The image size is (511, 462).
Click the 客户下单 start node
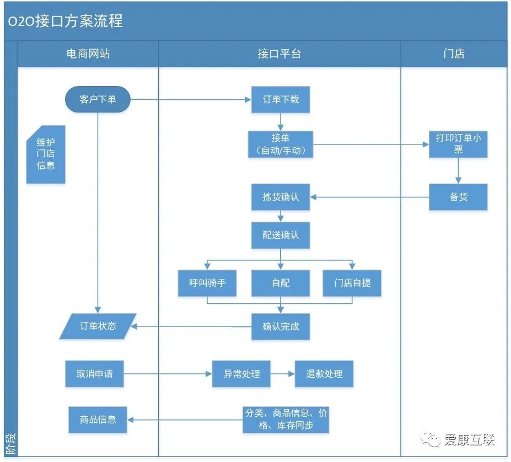click(98, 99)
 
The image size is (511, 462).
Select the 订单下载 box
click(281, 100)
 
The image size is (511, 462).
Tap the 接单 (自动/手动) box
click(281, 144)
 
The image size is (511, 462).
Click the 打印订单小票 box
click(458, 144)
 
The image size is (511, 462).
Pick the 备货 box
click(458, 197)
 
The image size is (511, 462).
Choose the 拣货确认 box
click(281, 197)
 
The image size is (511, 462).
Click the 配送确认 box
click(281, 235)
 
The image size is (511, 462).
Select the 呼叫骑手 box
click(207, 283)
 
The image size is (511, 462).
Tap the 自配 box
click(281, 283)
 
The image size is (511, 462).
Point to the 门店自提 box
click(352, 283)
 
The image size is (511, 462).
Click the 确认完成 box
click(281, 326)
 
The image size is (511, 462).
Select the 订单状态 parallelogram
click(98, 326)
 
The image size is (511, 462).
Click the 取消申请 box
click(94, 374)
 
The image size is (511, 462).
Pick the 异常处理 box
click(241, 374)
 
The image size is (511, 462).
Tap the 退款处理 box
click(324, 374)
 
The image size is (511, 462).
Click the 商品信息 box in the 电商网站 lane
click(98, 420)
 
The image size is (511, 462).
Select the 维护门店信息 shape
click(46, 154)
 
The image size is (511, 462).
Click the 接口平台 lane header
click(279, 54)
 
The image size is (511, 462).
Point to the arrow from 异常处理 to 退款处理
click(282, 374)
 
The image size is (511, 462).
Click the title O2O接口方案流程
click(65, 21)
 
